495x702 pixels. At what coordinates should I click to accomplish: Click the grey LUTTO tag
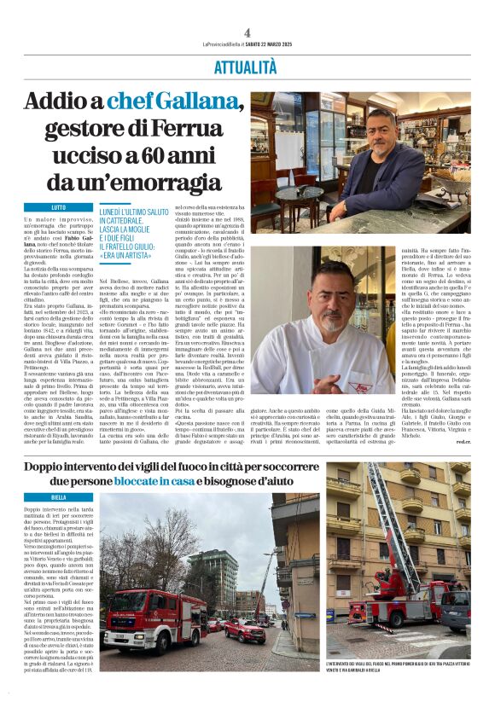(x=58, y=207)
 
